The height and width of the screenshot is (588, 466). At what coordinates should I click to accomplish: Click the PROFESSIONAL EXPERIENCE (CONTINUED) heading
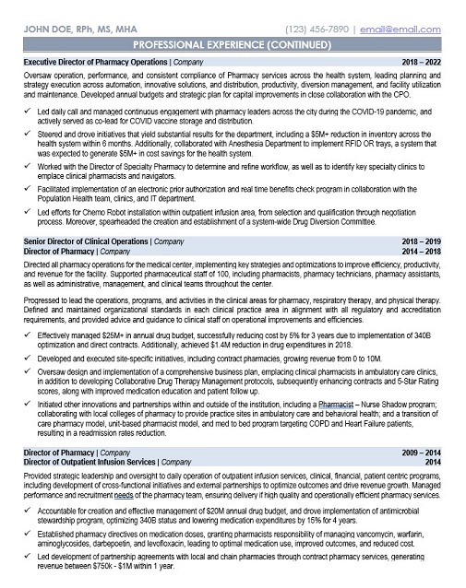point(233,44)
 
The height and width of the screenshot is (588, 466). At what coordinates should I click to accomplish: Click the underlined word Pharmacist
point(337,405)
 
